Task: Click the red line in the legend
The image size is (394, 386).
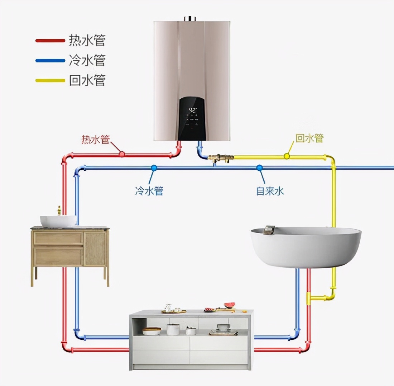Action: point(51,40)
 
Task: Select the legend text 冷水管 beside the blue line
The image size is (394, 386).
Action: point(87,60)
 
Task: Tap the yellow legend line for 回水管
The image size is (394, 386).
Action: point(51,80)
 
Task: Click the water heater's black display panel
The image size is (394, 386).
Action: point(193,118)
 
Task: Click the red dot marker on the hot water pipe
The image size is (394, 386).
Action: point(122,154)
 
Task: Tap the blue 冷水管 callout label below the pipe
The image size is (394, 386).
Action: point(149,190)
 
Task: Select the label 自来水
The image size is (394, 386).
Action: point(270,190)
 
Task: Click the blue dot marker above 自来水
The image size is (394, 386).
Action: point(259,168)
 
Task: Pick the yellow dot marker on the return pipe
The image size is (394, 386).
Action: point(287,156)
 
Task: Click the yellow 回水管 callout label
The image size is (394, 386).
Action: point(309,138)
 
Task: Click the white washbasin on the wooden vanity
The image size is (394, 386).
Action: point(58,221)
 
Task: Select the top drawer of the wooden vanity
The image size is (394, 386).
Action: point(58,238)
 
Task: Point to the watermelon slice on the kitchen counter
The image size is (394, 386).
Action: point(230,305)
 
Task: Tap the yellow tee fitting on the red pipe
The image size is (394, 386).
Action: point(308,298)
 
